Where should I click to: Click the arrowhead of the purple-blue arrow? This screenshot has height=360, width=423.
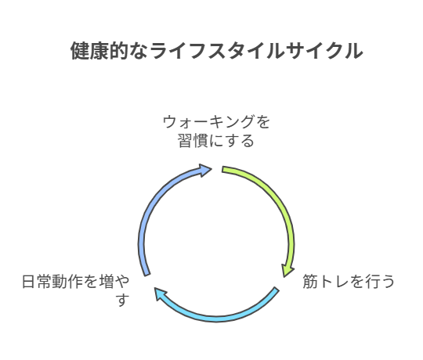[x=204, y=170]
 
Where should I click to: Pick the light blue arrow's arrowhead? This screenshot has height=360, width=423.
[x=160, y=293]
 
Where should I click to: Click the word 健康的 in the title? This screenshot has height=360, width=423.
[x=99, y=51]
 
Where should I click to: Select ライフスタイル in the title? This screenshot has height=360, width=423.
[x=217, y=51]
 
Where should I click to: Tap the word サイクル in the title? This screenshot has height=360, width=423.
[x=324, y=51]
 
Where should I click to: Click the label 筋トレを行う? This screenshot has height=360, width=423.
[x=349, y=281]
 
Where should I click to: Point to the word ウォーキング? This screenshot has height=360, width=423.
[x=209, y=122]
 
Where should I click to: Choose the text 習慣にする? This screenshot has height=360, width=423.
[x=216, y=141]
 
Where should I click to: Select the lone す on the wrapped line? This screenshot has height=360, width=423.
[x=123, y=300]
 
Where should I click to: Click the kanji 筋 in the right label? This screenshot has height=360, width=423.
[x=310, y=281]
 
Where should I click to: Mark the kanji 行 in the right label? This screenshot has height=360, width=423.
[x=372, y=281]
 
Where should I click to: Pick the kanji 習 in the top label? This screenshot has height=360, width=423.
[x=185, y=141]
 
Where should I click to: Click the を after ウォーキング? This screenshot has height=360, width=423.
[x=263, y=122]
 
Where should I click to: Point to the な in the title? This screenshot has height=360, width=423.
[x=139, y=51]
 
